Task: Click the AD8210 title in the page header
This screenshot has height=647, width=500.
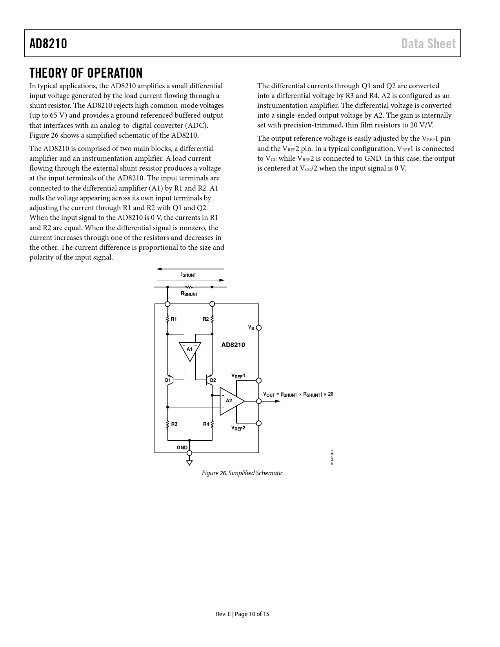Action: click(x=48, y=44)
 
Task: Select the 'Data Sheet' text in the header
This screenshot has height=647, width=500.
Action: click(x=428, y=44)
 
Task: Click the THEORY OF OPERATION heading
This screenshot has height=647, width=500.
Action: click(x=86, y=73)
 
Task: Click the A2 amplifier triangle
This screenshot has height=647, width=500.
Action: click(x=231, y=401)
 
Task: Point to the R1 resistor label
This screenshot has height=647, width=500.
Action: click(x=174, y=319)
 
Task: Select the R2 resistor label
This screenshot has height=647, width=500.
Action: click(x=206, y=319)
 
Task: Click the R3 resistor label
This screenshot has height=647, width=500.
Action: click(x=174, y=424)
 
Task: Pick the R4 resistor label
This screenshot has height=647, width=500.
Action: click(x=206, y=424)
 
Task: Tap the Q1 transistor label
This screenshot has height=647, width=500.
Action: click(x=168, y=380)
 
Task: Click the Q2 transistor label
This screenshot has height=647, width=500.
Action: click(x=213, y=380)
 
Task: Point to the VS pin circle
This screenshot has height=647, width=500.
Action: click(x=259, y=328)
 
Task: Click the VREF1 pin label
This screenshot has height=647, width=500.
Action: click(x=238, y=376)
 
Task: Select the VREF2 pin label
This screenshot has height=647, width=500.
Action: click(x=238, y=428)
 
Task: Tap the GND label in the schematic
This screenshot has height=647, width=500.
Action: click(x=182, y=447)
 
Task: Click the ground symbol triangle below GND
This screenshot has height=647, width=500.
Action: click(x=189, y=462)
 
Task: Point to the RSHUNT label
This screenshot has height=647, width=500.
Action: click(x=189, y=294)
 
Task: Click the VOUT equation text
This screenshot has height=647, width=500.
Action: click(x=298, y=394)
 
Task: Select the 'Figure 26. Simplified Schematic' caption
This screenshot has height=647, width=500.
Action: click(x=242, y=473)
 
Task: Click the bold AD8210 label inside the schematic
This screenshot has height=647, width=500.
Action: click(x=233, y=345)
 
